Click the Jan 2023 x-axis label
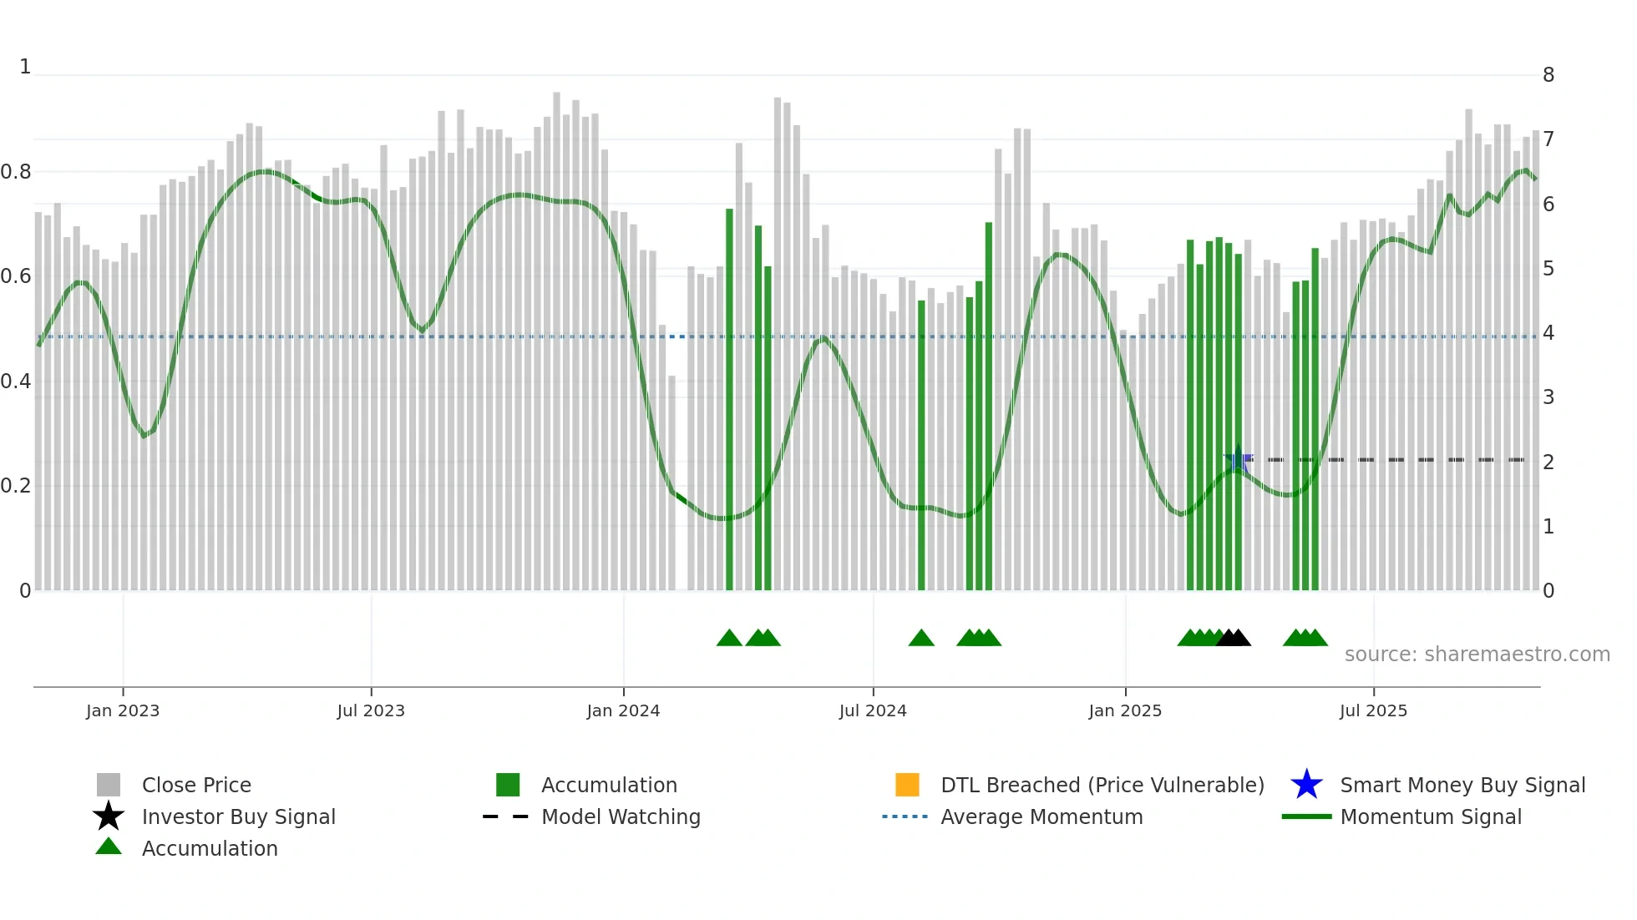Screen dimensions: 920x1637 coord(123,710)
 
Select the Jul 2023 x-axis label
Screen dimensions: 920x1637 coord(371,710)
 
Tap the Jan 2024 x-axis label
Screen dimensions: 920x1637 coord(623,710)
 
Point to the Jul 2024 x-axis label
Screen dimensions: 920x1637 coord(873,710)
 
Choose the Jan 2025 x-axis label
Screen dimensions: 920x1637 coord(1125,710)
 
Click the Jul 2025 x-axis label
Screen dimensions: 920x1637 coord(1373,710)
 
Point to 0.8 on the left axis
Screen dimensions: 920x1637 coord(16,172)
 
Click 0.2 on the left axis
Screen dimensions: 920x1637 coord(16,486)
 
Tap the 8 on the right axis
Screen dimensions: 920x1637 coord(1548,75)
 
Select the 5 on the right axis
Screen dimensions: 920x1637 coord(1548,269)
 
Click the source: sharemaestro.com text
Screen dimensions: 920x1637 coord(1477,655)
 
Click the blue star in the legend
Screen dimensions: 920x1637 coord(1306,785)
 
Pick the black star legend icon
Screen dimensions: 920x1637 coord(109,816)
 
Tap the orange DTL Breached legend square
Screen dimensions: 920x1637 coord(907,785)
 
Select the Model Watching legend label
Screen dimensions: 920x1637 coord(621,816)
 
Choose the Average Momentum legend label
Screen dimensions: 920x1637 coord(1041,816)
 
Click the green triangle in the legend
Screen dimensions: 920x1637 coord(109,847)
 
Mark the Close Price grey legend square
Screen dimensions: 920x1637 coord(109,785)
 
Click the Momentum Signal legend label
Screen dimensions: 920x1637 coord(1431,816)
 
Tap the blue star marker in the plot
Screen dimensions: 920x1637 coord(1238,460)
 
